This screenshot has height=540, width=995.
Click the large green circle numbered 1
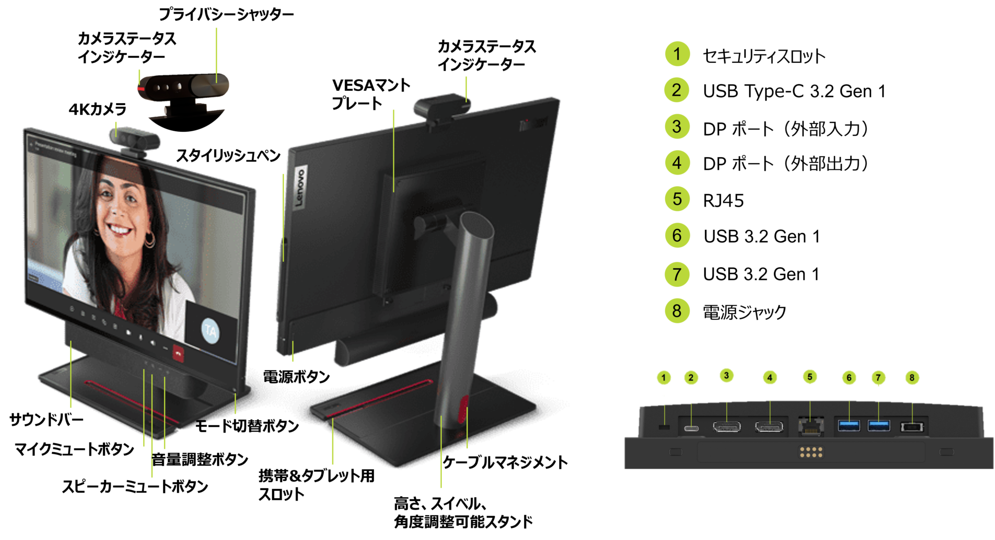pos(677,53)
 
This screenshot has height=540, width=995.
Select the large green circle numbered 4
pos(677,162)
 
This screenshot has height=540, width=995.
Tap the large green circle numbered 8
pos(677,310)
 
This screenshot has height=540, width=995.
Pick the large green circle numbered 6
pos(677,235)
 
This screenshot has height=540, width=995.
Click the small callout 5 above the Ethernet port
pos(809,377)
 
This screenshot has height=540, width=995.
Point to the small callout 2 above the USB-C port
pos(691,378)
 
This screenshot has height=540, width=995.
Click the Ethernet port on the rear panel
pos(810,427)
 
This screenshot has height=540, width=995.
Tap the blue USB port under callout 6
pos(849,426)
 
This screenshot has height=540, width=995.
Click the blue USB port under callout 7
pos(878,426)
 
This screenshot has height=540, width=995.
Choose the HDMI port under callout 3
pos(726,427)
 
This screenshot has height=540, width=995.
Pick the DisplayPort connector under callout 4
pos(769,427)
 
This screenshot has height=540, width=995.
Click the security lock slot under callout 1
pos(664,427)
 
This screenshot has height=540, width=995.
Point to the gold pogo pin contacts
pos(811,452)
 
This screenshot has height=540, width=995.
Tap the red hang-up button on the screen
pos(178,354)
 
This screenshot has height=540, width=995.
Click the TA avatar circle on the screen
pos(210,331)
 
